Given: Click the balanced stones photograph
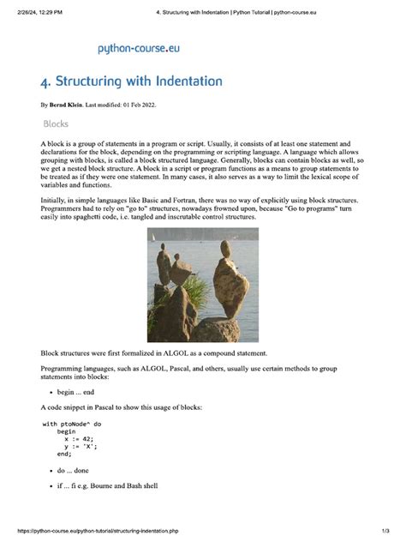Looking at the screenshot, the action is click(x=203, y=285).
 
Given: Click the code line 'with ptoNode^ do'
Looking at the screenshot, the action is click(x=72, y=425).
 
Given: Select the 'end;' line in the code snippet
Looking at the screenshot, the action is click(x=64, y=455).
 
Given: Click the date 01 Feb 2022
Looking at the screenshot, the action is click(x=133, y=105).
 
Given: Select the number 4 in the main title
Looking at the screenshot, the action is click(x=45, y=82).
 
